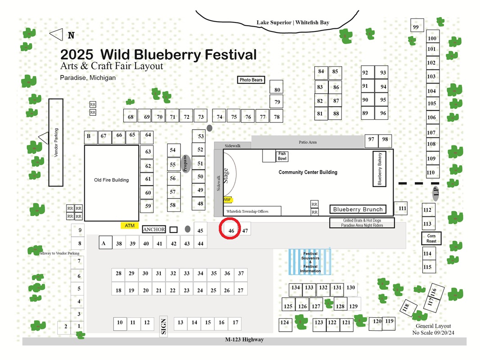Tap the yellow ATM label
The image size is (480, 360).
click(x=130, y=225)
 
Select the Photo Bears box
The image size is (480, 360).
click(x=251, y=80)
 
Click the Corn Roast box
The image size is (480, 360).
click(x=431, y=238)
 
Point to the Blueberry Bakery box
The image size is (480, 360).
click(x=379, y=169)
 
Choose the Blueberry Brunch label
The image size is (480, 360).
click(x=358, y=209)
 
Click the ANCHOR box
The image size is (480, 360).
click(x=154, y=229)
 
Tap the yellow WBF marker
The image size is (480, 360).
click(x=227, y=200)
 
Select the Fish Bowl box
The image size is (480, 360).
click(x=282, y=156)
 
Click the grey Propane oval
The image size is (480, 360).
click(x=185, y=164)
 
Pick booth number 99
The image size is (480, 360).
click(x=417, y=25)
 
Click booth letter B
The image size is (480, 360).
click(x=91, y=137)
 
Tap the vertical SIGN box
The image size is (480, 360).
click(x=163, y=326)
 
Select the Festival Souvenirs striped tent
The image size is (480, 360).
click(x=310, y=262)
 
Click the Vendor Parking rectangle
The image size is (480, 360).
click(x=56, y=142)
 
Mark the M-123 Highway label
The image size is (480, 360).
click(x=245, y=339)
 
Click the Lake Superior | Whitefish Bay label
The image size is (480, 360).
click(x=293, y=22)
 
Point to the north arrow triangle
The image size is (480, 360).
click(x=56, y=35)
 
